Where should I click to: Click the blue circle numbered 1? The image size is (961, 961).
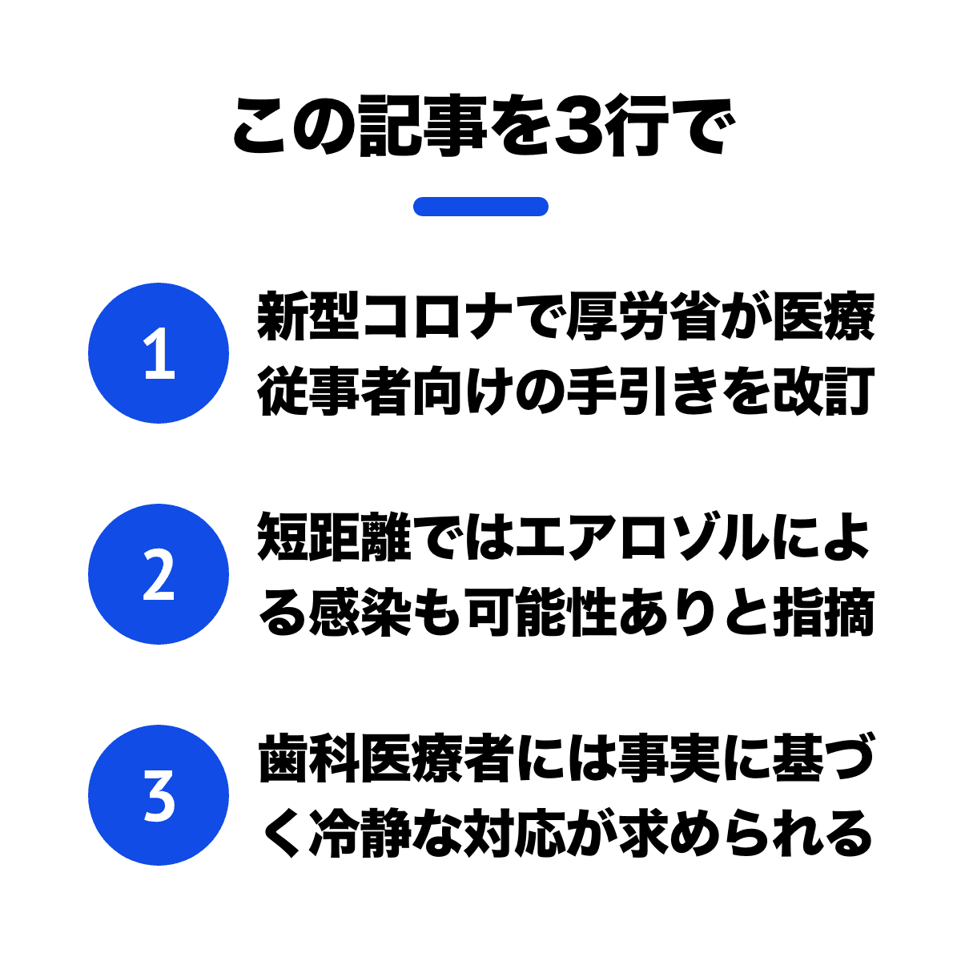point(159,353)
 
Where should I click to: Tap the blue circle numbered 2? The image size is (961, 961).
point(159,574)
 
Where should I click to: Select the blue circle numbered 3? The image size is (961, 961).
point(159,795)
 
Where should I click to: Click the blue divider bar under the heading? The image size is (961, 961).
point(480,207)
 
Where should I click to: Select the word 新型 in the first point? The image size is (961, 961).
point(308,316)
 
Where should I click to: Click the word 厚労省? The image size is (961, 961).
point(644,316)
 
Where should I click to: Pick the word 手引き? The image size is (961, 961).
point(643,391)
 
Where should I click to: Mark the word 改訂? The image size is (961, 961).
point(824,391)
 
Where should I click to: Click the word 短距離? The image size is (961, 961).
point(334,537)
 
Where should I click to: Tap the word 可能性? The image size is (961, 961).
point(541,612)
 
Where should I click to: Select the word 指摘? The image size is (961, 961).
point(824,612)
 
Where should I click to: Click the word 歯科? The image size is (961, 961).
point(308,758)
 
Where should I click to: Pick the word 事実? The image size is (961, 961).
point(669,758)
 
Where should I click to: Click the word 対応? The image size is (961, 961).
point(515,833)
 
